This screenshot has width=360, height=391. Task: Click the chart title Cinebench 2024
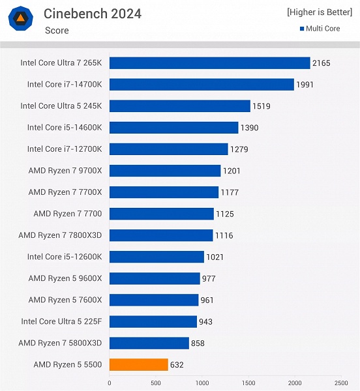92,13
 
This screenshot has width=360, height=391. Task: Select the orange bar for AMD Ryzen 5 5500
138,364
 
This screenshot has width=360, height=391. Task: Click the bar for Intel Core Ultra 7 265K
209,63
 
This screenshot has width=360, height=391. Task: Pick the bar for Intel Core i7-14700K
202,85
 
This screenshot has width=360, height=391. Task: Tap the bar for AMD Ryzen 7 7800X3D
161,235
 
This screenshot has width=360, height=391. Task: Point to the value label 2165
322,63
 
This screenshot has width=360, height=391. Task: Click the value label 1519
262,106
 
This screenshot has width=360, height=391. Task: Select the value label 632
177,365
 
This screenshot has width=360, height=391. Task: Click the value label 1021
215,257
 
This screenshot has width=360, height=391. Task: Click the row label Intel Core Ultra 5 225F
61,321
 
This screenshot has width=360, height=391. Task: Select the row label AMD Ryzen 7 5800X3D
61,343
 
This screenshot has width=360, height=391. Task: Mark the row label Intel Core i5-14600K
65,128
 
